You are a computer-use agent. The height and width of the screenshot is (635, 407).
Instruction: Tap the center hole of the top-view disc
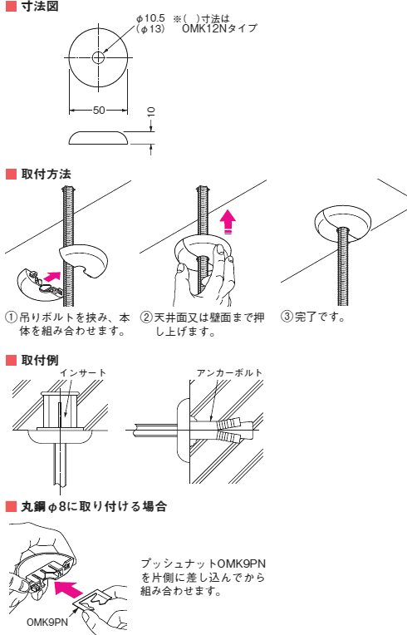coord(98,57)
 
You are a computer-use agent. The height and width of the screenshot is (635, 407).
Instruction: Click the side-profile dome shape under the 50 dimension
coord(99,137)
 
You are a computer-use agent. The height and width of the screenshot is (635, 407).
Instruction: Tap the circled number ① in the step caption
coord(11,318)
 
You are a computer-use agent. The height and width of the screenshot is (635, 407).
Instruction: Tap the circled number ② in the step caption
coord(146,318)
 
